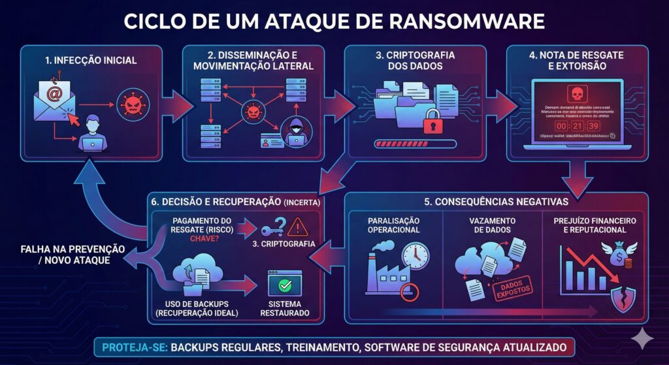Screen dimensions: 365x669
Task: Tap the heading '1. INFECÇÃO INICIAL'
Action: (x=91, y=61)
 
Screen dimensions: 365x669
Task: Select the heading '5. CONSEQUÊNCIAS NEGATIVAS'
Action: (x=497, y=202)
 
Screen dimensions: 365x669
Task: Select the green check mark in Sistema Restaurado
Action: (x=284, y=285)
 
